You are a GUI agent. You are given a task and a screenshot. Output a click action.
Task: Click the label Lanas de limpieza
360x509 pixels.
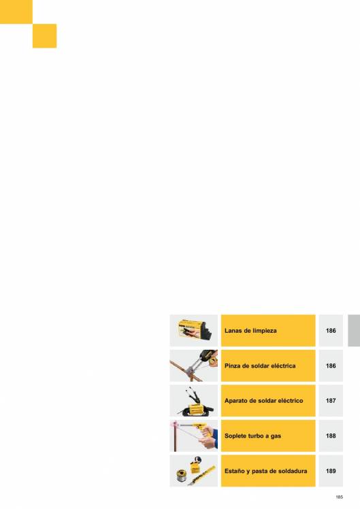(x=250, y=331)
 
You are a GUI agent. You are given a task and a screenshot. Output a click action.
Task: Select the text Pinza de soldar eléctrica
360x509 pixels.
(x=260, y=366)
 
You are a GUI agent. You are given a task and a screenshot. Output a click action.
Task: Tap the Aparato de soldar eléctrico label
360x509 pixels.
(x=263, y=401)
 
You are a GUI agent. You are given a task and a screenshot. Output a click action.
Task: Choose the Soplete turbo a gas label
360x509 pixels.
(x=252, y=436)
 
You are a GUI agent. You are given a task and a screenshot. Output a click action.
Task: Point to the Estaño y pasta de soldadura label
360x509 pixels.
(x=265, y=471)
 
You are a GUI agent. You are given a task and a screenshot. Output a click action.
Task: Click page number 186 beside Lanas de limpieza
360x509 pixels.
(x=331, y=331)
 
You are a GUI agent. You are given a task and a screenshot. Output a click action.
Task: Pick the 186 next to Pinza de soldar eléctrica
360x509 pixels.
(x=331, y=366)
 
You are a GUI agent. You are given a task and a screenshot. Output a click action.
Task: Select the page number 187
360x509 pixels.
(x=331, y=401)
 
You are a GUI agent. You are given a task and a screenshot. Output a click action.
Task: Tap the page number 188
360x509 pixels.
(x=331, y=436)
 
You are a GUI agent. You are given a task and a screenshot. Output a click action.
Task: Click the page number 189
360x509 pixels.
(x=331, y=471)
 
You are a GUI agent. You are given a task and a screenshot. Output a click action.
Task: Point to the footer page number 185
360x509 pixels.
(x=339, y=497)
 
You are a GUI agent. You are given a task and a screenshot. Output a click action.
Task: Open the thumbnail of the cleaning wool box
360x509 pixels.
(x=194, y=331)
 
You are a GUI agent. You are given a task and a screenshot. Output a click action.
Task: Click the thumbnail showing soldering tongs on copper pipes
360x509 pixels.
(x=194, y=365)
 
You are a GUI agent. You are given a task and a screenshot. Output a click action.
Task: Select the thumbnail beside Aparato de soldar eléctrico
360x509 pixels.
(x=194, y=401)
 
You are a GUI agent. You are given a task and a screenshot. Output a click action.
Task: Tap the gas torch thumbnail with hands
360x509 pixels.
(x=194, y=436)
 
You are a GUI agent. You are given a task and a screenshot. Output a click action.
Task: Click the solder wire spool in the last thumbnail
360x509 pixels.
(x=181, y=476)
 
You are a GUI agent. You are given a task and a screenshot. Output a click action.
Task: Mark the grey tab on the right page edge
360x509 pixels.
(x=354, y=331)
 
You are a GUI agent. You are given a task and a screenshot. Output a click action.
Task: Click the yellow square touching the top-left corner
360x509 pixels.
(x=16, y=12)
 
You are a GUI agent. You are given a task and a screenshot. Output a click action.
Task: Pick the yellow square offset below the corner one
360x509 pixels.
(x=44, y=35)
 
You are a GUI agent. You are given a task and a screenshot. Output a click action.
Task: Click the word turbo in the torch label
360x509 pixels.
(x=253, y=436)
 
